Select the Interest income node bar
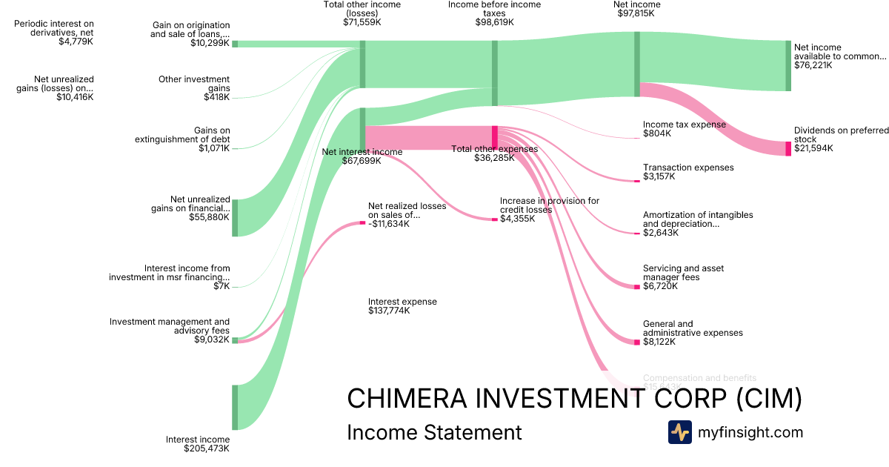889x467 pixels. coord(235,407)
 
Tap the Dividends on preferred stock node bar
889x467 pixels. coord(788,148)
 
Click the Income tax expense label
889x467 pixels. coord(684,125)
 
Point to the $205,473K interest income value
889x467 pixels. coord(207,448)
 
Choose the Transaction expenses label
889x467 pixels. coord(688,168)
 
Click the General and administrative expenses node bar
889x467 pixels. coord(636,342)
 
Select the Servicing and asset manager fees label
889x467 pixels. coord(683,273)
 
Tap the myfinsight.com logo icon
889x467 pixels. coord(679,431)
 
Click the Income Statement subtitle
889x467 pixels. coord(434,432)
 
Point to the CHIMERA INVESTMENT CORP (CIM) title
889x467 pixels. coord(574,399)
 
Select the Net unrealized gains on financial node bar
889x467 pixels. coord(235,217)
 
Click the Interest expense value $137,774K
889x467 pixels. coord(389,311)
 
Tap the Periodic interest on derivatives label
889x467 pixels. coord(54,28)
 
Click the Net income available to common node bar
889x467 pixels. coord(788,65)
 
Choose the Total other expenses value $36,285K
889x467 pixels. coord(494,158)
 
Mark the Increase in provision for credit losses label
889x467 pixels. coord(549,205)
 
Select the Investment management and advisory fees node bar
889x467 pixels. coord(235,340)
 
